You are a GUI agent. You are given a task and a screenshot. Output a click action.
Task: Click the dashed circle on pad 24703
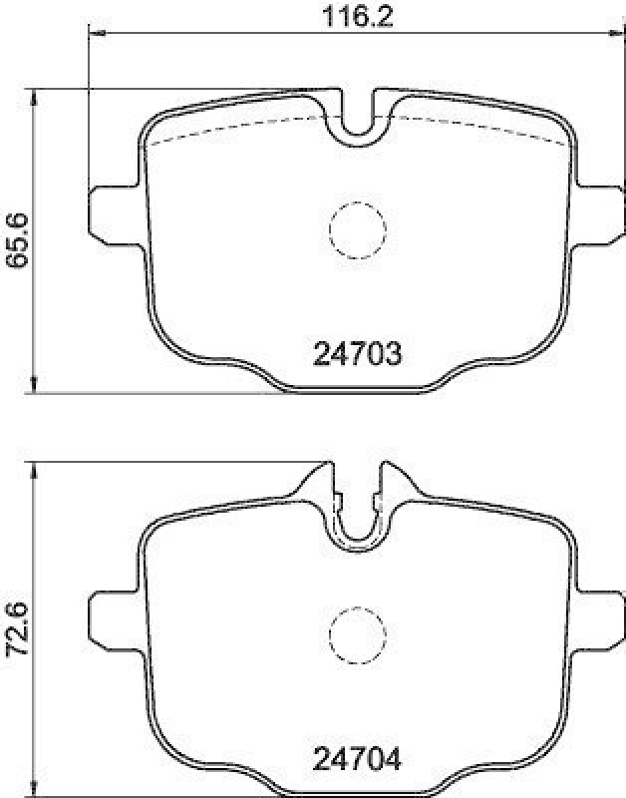357,229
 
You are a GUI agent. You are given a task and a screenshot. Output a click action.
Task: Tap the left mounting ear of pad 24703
112,210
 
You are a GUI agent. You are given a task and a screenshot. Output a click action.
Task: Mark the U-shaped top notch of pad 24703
357,118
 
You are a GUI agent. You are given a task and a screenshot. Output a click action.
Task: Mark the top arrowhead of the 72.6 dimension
36,467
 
